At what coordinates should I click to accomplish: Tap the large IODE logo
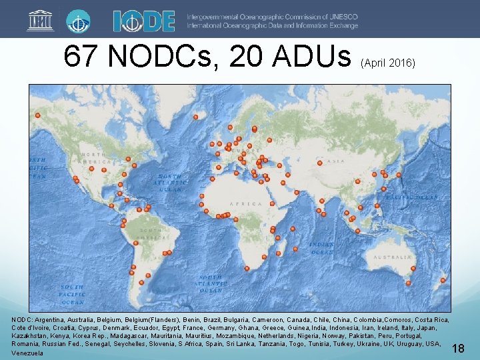point(143,21)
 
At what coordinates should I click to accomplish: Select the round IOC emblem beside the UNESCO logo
point(79,21)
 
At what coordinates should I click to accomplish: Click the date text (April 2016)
point(388,63)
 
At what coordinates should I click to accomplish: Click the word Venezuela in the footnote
point(27,353)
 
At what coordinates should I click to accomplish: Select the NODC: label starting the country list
point(22,320)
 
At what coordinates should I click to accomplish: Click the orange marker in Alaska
point(38,115)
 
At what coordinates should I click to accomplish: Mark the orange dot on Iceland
point(195,118)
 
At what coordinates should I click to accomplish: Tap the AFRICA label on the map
point(241,204)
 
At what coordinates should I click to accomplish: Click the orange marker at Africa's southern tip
point(247,269)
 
